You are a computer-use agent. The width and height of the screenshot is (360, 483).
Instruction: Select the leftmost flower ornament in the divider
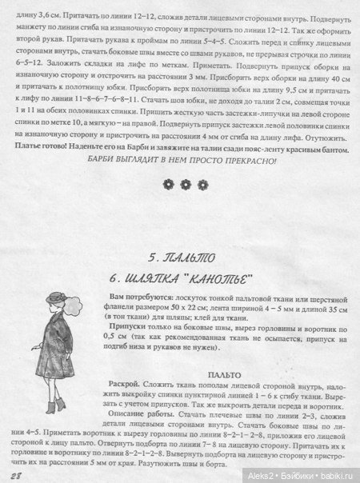point(167,184)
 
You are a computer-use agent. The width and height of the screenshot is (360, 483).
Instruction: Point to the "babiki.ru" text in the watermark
point(336,474)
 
